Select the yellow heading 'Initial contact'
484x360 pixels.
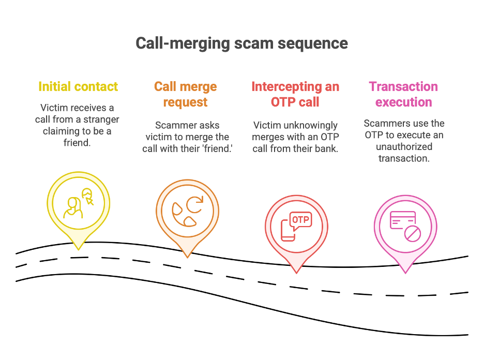(x=78, y=86)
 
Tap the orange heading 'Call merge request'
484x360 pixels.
(x=185, y=94)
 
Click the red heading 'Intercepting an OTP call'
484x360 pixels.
(x=295, y=94)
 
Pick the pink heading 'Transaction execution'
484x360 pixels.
(x=403, y=94)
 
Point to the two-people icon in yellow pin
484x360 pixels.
(x=79, y=204)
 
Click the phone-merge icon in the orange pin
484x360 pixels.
(x=187, y=213)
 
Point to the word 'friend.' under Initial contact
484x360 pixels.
(x=78, y=142)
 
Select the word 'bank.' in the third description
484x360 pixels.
(x=326, y=148)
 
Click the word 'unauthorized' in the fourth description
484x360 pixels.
(x=404, y=146)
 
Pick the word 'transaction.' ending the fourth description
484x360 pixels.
(x=404, y=158)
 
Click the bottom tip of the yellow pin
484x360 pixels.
(x=79, y=249)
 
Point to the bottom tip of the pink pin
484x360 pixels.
(x=405, y=273)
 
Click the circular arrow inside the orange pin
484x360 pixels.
(x=195, y=205)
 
